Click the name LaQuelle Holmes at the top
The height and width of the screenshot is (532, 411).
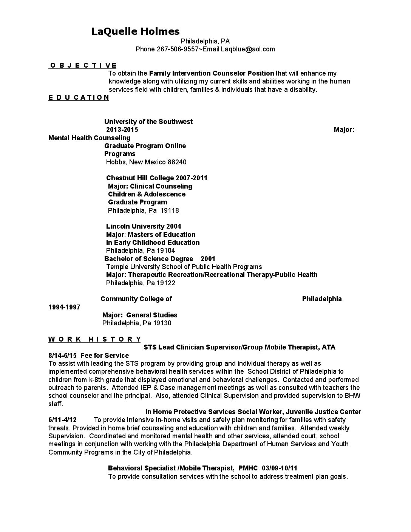136,31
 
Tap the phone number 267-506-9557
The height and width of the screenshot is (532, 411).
178,49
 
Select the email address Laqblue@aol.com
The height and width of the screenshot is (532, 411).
248,49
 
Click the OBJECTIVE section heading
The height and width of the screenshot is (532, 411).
83,65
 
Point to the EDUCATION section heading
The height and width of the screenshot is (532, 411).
79,97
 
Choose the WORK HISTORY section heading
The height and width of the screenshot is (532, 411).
95,339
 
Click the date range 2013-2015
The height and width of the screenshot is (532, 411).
122,130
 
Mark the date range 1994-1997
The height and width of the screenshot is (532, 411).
64,307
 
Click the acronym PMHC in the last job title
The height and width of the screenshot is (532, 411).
249,468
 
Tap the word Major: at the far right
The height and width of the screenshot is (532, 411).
344,130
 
